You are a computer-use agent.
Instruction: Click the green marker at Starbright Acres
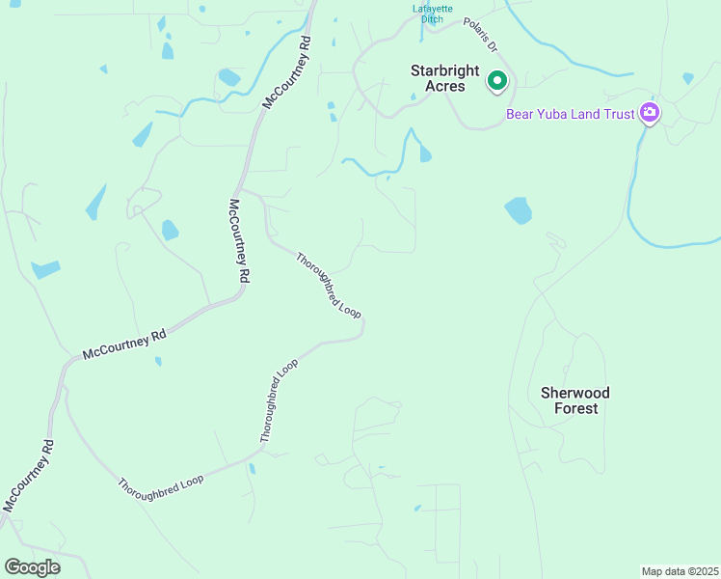(x=496, y=81)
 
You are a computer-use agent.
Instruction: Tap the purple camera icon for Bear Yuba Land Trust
(x=650, y=113)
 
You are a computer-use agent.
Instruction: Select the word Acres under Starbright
(x=444, y=86)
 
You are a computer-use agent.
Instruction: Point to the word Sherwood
(x=574, y=393)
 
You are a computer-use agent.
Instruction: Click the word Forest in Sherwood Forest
(x=575, y=408)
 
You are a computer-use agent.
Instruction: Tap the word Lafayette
(x=433, y=9)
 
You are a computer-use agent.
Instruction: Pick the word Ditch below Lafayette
(x=433, y=19)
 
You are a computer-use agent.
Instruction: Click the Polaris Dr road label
(x=479, y=34)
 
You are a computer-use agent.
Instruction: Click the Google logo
(x=32, y=566)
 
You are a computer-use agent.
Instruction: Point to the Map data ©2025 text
(x=680, y=571)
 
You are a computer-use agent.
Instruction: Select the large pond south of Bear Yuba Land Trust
(x=519, y=210)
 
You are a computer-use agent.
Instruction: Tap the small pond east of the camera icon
(x=687, y=78)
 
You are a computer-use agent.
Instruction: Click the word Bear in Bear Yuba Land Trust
(x=521, y=115)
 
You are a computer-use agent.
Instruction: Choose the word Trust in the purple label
(x=619, y=115)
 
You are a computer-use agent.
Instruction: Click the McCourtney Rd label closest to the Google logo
(x=30, y=477)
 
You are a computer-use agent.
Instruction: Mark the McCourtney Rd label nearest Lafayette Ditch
(x=287, y=71)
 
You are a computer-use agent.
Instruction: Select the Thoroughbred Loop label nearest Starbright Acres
(x=328, y=287)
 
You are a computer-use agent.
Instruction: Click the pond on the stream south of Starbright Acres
(x=424, y=152)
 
